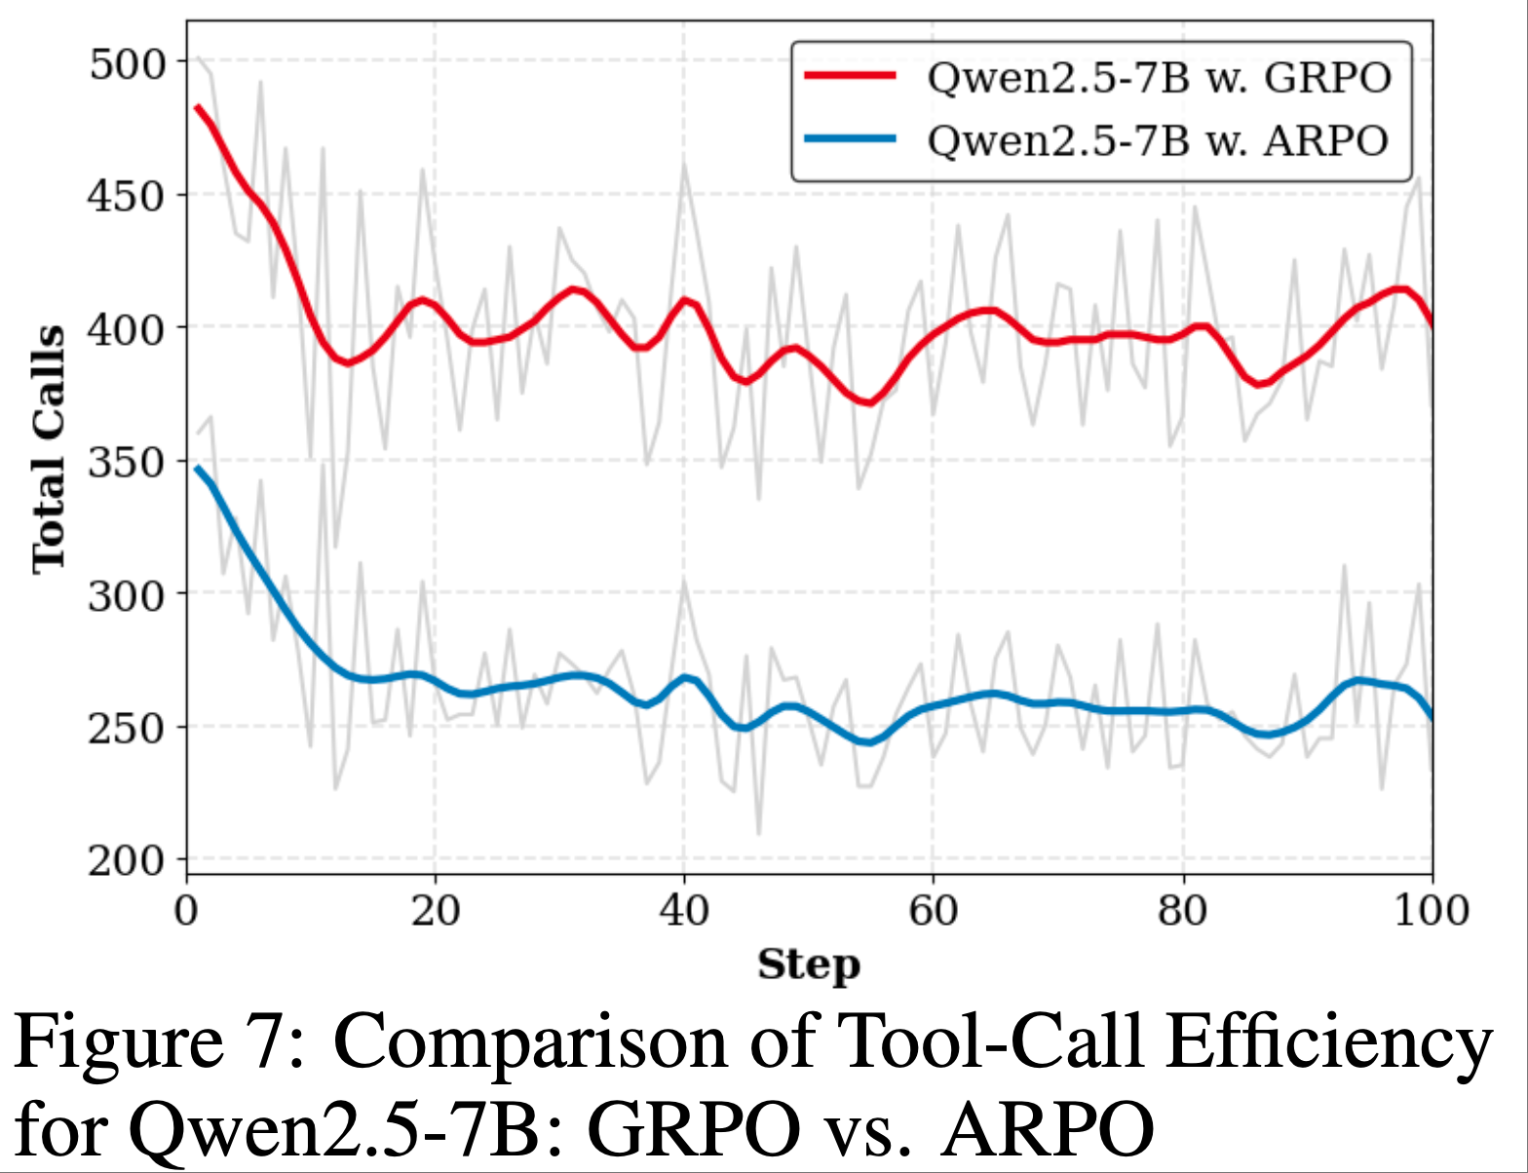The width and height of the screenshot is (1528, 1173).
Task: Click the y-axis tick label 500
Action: (x=128, y=64)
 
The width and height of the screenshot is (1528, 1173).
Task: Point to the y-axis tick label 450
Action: (x=128, y=197)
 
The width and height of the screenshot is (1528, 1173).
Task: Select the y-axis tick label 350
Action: (x=128, y=462)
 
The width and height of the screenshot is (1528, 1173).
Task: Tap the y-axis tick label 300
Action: (x=128, y=595)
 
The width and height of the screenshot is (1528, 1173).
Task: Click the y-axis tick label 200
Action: (x=128, y=861)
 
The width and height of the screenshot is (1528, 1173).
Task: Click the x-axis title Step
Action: (x=809, y=965)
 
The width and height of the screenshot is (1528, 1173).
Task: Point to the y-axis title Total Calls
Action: (x=49, y=449)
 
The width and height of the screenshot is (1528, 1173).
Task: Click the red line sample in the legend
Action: (x=850, y=75)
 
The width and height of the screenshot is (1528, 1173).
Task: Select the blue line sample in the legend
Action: (x=850, y=139)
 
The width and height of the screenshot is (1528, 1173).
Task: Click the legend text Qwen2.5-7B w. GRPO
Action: (x=1159, y=77)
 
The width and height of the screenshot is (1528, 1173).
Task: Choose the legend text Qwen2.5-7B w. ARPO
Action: (x=1157, y=141)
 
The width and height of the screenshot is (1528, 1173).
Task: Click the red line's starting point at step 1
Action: (x=198, y=107)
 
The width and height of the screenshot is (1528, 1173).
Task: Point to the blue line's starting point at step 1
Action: (x=198, y=469)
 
